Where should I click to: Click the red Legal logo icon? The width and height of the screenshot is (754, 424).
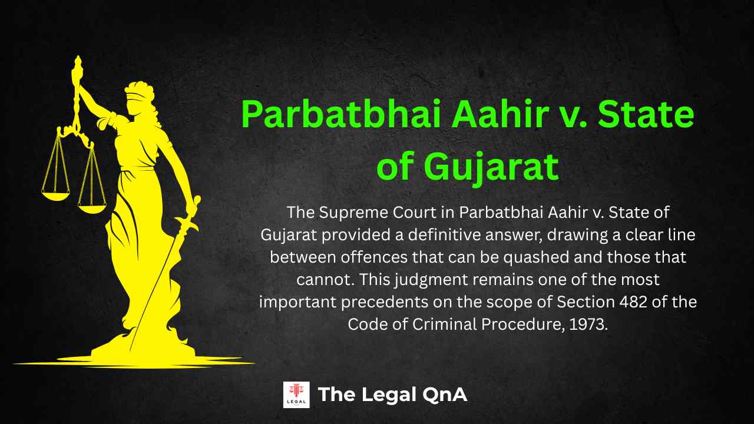click(x=296, y=395)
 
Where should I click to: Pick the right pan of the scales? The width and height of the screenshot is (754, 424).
click(x=92, y=207)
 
